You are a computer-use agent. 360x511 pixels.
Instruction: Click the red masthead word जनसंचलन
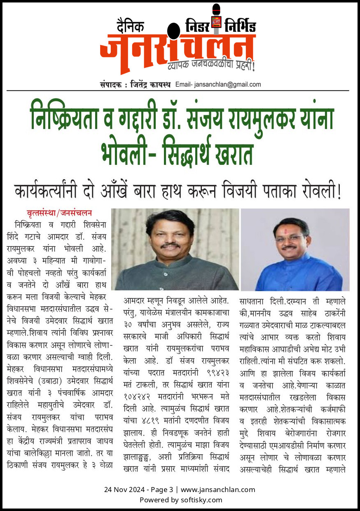click(177, 49)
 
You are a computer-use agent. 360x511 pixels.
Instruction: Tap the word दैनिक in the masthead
click(124, 26)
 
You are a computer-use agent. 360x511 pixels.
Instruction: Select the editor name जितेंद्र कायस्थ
click(147, 84)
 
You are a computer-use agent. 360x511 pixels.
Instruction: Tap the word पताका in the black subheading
click(284, 192)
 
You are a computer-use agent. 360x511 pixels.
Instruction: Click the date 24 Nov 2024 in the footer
click(124, 490)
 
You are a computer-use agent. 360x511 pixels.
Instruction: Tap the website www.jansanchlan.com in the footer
click(218, 490)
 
